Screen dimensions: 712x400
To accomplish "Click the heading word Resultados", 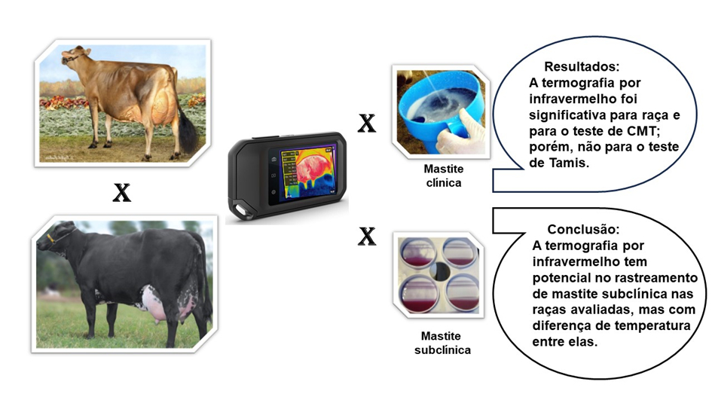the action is click(x=582, y=67).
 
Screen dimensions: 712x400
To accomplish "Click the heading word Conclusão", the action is click(x=583, y=229).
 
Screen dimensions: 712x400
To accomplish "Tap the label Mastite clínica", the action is click(x=444, y=176).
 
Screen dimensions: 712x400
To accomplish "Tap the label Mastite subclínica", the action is click(x=442, y=343).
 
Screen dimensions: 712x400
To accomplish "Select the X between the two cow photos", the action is click(x=122, y=193).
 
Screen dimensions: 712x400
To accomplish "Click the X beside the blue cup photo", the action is click(x=367, y=123).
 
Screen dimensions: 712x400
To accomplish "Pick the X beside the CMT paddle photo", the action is click(x=367, y=236).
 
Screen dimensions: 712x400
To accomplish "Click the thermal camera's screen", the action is click(x=308, y=173).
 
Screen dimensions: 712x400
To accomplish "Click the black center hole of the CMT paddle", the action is click(x=439, y=271).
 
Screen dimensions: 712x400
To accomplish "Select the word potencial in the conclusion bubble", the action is click(x=560, y=278).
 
